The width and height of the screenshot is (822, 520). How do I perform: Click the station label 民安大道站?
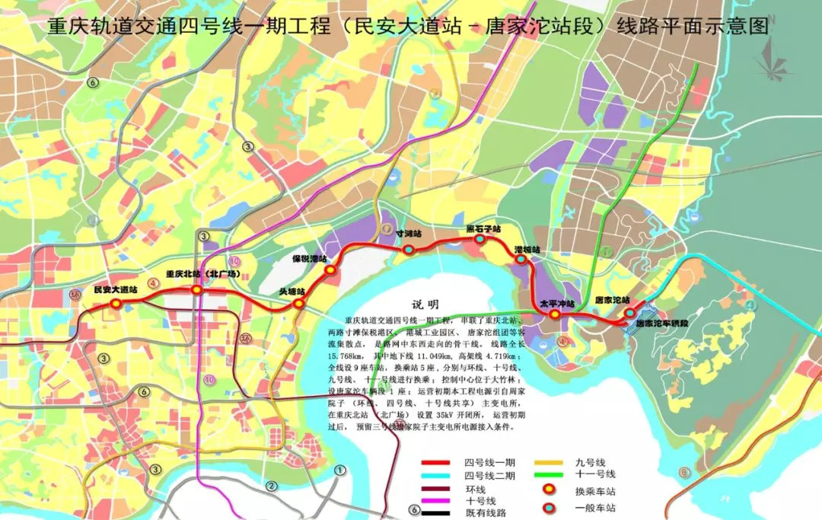(x=115, y=290)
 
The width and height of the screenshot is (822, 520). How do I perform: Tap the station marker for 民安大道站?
(x=116, y=303)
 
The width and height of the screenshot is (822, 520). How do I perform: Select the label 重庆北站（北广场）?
(x=203, y=273)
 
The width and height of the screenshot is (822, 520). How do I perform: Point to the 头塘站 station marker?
(x=298, y=303)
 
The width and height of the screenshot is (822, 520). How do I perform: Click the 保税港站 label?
(x=309, y=259)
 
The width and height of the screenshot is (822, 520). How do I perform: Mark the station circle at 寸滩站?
(x=409, y=249)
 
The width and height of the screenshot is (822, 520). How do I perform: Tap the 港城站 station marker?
(x=521, y=260)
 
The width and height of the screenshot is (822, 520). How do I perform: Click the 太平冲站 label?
(x=556, y=303)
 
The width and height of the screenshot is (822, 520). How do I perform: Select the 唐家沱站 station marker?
(x=630, y=312)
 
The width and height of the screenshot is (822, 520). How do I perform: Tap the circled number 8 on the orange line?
(x=684, y=473)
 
